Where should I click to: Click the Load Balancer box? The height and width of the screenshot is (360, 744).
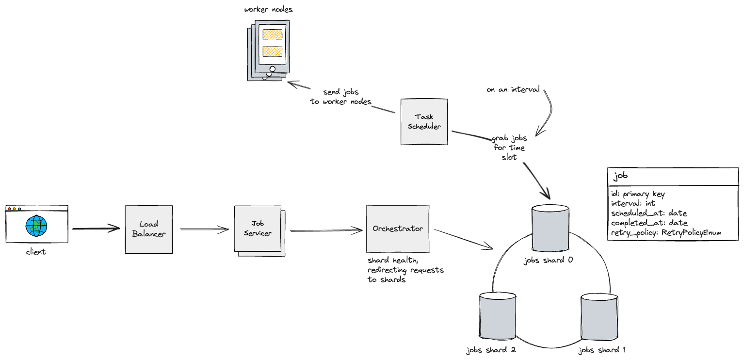(x=148, y=229)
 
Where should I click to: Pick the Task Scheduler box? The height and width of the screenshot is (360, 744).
(x=424, y=121)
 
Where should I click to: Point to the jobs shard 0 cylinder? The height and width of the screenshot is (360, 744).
(x=550, y=227)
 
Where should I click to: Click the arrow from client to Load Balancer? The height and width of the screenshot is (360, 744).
(x=96, y=228)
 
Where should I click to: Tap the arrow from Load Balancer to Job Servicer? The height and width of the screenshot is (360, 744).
(x=204, y=229)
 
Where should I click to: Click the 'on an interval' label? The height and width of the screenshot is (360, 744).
(x=513, y=90)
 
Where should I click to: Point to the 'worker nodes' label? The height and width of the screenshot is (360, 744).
(x=268, y=9)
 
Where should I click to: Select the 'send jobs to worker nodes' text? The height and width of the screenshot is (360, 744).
(x=341, y=97)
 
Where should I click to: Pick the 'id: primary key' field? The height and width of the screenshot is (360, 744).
(x=638, y=194)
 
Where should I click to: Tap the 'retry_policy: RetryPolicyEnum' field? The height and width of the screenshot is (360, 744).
(x=666, y=233)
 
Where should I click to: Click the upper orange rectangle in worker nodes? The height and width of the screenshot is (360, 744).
(x=272, y=34)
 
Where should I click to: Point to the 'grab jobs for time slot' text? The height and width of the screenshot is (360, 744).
(x=509, y=147)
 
